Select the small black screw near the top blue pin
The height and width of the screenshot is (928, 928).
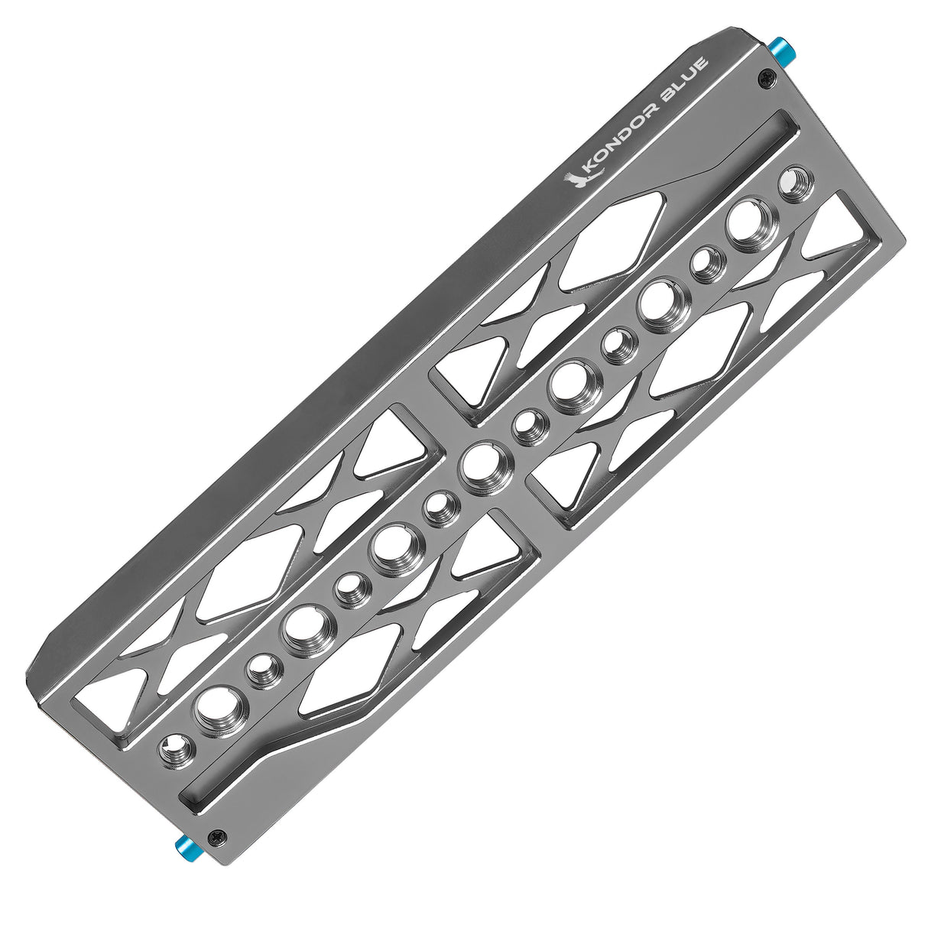(763, 77)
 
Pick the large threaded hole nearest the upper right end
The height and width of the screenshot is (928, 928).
(747, 220)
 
